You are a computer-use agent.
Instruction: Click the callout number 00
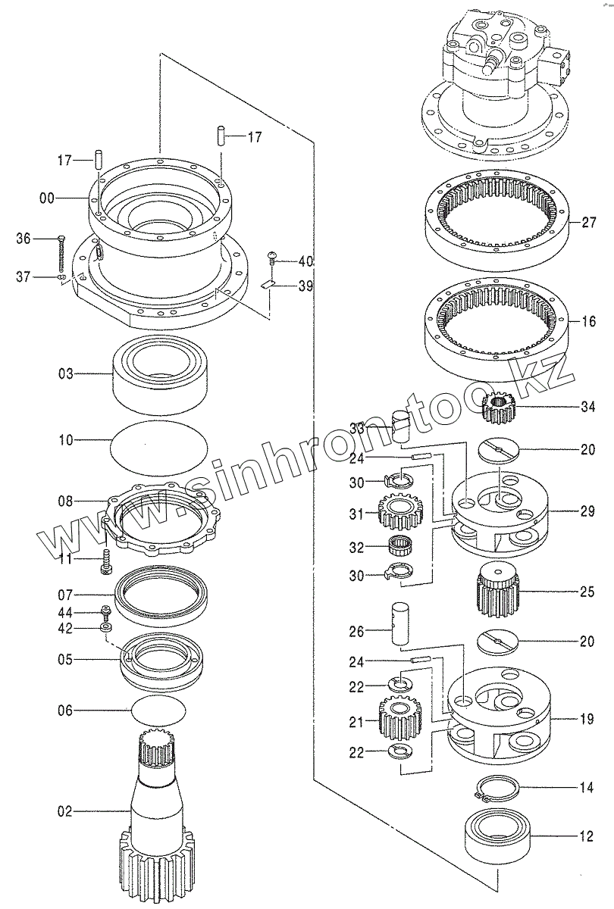point(46,198)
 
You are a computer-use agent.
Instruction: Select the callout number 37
point(24,277)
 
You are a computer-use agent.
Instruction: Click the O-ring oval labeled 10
point(158,442)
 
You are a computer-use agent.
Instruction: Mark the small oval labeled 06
point(158,711)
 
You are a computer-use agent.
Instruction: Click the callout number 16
point(588,322)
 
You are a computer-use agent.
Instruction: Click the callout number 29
point(588,512)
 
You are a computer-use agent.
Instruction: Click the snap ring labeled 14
point(497,788)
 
